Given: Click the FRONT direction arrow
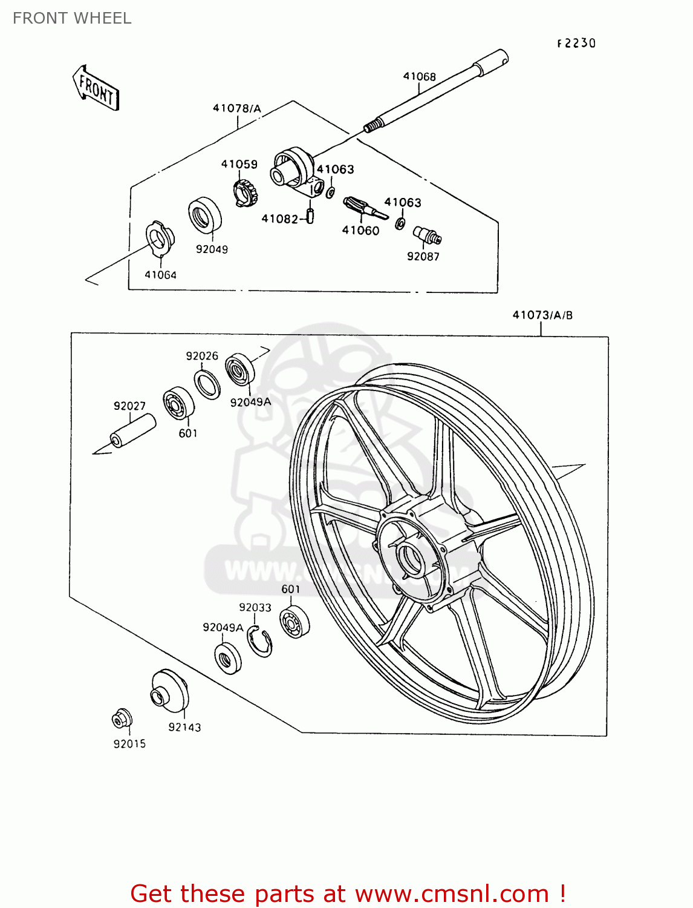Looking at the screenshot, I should (96, 89).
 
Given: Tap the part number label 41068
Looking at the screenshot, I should (419, 76).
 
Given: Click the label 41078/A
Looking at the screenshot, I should (237, 108).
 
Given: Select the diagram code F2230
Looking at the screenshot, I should (576, 43).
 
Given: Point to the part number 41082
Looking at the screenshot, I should (279, 219).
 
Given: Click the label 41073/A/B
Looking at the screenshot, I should (542, 315).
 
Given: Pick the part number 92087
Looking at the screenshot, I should (423, 257).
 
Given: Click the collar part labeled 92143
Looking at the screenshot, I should (169, 691).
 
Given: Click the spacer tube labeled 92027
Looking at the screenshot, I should (132, 431).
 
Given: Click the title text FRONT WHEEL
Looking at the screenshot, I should (72, 18).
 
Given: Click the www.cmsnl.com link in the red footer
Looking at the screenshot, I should (451, 893).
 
